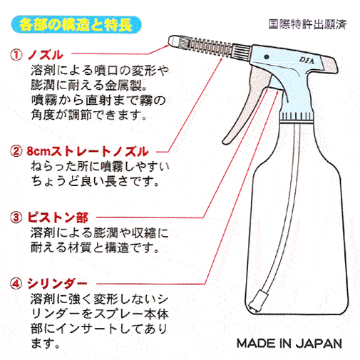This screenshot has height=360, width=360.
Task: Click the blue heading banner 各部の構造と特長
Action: pyautogui.click(x=76, y=25)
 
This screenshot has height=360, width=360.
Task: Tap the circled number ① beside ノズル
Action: pyautogui.click(x=16, y=55)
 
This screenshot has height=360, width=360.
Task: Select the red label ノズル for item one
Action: pyautogui.click(x=46, y=55)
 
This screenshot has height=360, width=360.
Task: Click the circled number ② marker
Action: pyautogui.click(x=16, y=151)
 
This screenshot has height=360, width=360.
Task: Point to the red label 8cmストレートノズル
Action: pyautogui.click(x=88, y=151)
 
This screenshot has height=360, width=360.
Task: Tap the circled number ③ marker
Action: pyautogui.click(x=16, y=217)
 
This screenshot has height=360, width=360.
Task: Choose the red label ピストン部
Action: pyautogui.click(x=58, y=217)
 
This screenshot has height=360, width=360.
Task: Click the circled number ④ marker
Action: pyautogui.click(x=16, y=284)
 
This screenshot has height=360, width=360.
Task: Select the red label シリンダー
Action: pyautogui.click(x=57, y=284)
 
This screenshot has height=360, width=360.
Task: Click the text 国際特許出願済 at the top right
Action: pyautogui.click(x=307, y=24)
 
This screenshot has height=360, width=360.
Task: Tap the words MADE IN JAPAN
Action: pyautogui.click(x=289, y=344)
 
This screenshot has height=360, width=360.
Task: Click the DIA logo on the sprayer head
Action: pyautogui.click(x=307, y=61)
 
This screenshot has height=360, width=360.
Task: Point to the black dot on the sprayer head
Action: pyautogui.click(x=267, y=57)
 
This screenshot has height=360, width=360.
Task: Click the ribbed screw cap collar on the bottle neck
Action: pyautogui.click(x=297, y=116)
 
